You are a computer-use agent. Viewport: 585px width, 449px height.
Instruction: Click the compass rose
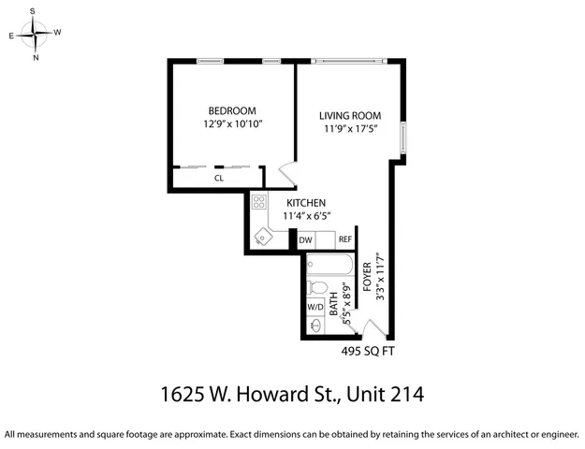pos(36,36)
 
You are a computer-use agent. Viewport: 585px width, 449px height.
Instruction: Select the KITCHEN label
pos(305,203)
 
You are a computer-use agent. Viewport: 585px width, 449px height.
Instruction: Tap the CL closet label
pos(219,177)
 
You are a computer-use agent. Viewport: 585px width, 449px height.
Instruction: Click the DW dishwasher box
pos(306,240)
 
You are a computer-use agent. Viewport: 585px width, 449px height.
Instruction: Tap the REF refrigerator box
pos(345,240)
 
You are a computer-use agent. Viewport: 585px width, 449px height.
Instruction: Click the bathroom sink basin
pos(315,327)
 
